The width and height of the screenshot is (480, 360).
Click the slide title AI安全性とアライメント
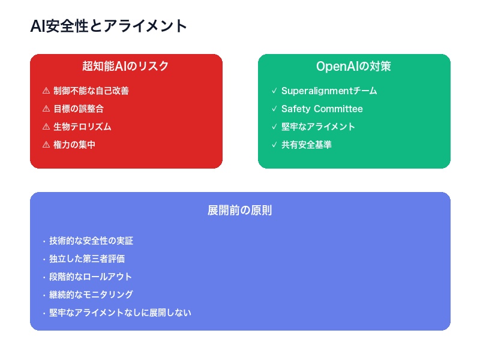pos(109,26)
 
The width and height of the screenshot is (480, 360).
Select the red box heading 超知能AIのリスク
pos(126,66)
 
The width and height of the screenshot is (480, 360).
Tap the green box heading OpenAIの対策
pos(354,66)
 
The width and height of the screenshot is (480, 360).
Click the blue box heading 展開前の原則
pos(240,211)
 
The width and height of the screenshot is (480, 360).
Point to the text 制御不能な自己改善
pos(91,91)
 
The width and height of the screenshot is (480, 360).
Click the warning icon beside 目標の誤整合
pos(46,109)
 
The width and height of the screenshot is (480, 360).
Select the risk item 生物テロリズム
pos(82,127)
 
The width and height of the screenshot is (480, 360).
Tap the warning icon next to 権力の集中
pos(46,145)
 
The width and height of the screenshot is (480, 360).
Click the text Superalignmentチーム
pos(329,91)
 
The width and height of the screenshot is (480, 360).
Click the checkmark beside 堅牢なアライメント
pos(274,127)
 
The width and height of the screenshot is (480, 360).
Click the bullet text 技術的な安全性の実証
pos(91,241)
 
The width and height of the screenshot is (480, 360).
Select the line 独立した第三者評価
pos(87,259)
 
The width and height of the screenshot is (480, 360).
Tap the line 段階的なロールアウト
pos(91,277)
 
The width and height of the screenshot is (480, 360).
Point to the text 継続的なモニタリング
pos(91,295)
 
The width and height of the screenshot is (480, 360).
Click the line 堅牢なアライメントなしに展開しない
pos(120,313)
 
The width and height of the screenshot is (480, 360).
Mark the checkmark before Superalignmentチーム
pos(274,91)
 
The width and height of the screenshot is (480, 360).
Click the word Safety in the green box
pos(295,109)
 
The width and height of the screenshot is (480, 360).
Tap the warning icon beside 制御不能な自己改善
pos(46,91)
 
